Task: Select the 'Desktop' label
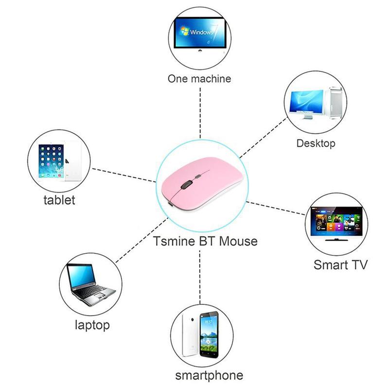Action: (x=316, y=143)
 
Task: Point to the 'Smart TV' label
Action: (x=340, y=265)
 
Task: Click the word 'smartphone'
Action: (x=209, y=375)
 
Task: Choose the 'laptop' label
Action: (x=92, y=325)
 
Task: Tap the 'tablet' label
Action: (x=59, y=199)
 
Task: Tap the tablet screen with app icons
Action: (x=53, y=160)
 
